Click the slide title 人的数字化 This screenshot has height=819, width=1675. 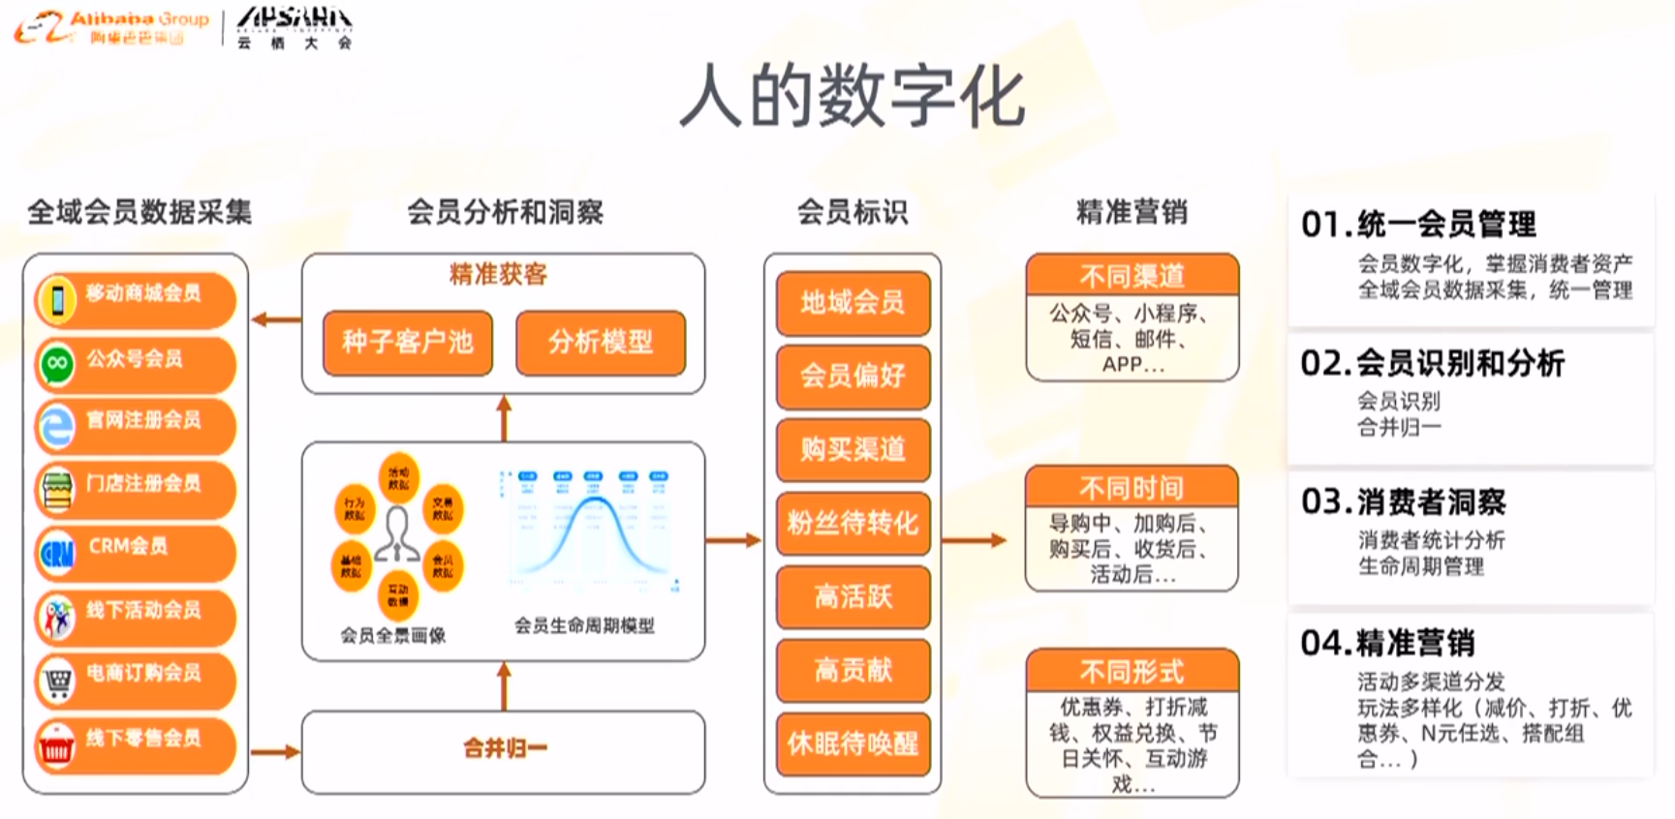click(x=852, y=98)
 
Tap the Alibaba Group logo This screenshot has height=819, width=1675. click(x=111, y=27)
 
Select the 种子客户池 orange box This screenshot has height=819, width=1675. click(x=408, y=342)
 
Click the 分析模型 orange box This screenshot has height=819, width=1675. click(x=601, y=342)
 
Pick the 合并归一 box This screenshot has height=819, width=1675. click(x=504, y=749)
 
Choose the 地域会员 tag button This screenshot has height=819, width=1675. click(x=853, y=303)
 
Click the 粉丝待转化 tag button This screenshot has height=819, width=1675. click(x=853, y=524)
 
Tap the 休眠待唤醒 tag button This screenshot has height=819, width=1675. click(x=853, y=743)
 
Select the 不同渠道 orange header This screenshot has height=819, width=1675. click(x=1132, y=276)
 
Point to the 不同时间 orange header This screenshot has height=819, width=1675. click(x=1132, y=487)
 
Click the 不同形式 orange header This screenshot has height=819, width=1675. click(x=1132, y=670)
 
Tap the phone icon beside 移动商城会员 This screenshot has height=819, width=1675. click(x=57, y=300)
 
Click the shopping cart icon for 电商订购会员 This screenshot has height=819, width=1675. click(x=57, y=682)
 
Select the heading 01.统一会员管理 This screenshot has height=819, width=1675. click(x=1418, y=225)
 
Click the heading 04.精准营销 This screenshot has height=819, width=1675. click(x=1387, y=643)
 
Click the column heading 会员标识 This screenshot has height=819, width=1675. click(x=853, y=212)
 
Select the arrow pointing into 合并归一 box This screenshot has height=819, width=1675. click(x=275, y=751)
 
